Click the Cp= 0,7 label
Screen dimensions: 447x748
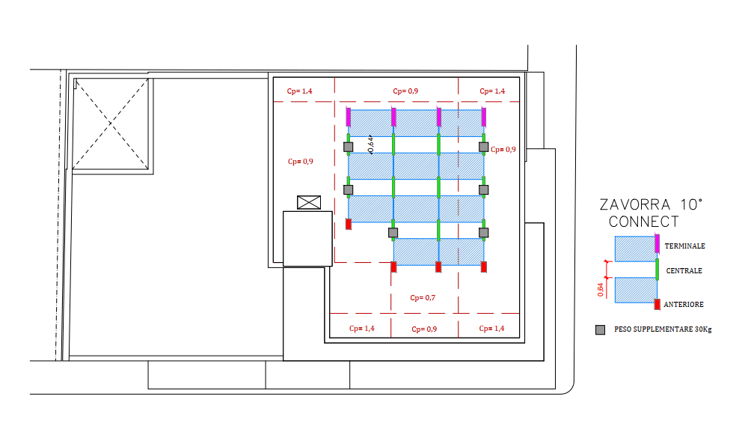(423, 297)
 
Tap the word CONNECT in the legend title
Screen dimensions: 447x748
(644, 222)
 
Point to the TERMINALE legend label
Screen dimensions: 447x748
(684, 246)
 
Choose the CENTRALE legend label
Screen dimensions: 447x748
(684, 271)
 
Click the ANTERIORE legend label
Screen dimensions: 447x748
(684, 305)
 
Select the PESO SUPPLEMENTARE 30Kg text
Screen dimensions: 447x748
(662, 329)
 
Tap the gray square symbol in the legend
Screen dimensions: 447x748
(600, 329)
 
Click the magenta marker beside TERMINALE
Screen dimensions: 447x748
(657, 243)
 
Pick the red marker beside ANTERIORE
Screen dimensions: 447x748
(657, 304)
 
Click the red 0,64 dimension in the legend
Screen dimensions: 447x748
(601, 288)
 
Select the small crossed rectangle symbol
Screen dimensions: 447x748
(308, 201)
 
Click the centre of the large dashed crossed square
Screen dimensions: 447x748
(111, 122)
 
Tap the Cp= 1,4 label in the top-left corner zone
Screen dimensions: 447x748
(299, 91)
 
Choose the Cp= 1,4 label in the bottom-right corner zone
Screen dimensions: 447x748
(491, 329)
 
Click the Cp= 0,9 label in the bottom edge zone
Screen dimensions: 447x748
(423, 329)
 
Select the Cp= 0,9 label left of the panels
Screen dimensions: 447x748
(300, 161)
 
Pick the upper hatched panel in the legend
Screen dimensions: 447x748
(635, 249)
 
